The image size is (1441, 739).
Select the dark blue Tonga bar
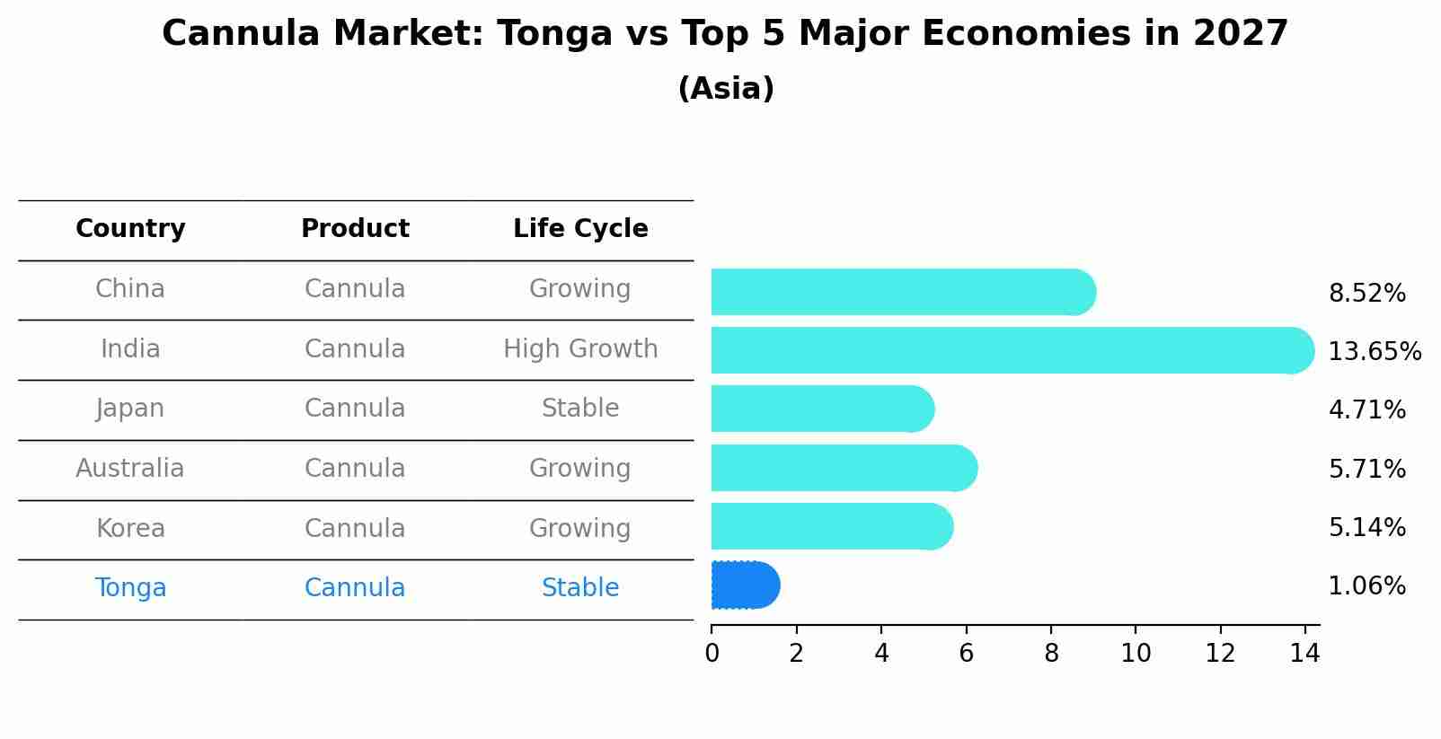tap(745, 585)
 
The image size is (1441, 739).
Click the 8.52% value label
tap(1366, 294)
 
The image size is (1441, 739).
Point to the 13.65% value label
tap(1374, 351)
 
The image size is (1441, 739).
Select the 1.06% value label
tap(1366, 586)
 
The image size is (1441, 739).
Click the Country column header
tap(130, 229)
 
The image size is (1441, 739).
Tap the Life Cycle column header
tap(580, 229)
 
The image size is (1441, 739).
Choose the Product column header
tap(355, 229)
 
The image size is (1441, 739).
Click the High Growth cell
tap(580, 349)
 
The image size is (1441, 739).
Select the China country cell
tap(130, 289)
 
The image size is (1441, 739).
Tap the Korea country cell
tap(130, 528)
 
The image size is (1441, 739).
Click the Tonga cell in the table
tap(130, 588)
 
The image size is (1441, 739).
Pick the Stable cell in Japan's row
tap(580, 409)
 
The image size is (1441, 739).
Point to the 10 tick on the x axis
tap(1136, 654)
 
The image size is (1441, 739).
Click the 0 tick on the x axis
tap(712, 654)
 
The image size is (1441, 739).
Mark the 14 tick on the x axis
tap(1304, 654)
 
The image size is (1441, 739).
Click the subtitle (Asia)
tap(726, 89)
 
